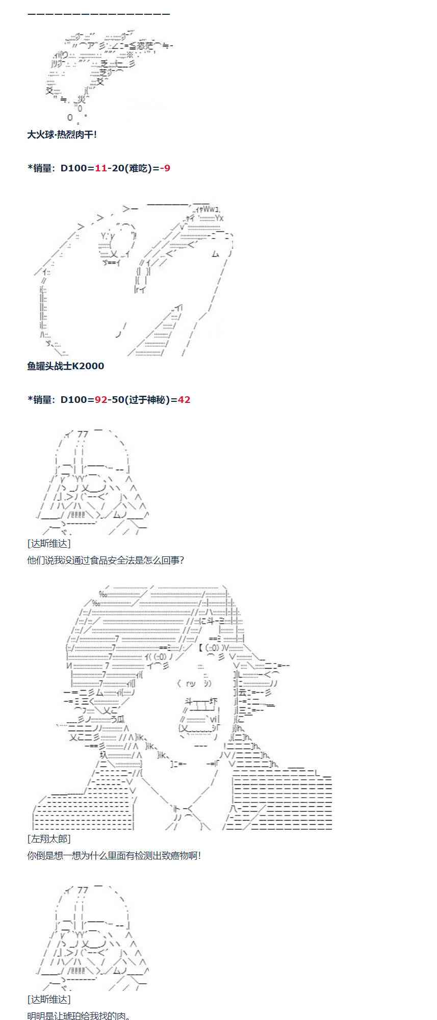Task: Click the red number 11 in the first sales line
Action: pyautogui.click(x=101, y=168)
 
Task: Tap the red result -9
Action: pyautogui.click(x=165, y=168)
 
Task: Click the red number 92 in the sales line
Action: pyautogui.click(x=101, y=400)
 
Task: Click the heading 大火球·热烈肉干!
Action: pyautogui.click(x=62, y=135)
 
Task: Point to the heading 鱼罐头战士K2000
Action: pyautogui.click(x=65, y=366)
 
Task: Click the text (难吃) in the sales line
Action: pyautogui.click(x=137, y=168)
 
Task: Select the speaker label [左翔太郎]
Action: pyautogui.click(x=49, y=839)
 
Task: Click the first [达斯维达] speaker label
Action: pyautogui.click(x=49, y=544)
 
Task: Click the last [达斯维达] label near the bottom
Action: pyautogui.click(x=49, y=999)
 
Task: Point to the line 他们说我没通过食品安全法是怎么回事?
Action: pyautogui.click(x=105, y=560)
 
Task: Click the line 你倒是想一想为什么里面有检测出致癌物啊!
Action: pyautogui.click(x=114, y=856)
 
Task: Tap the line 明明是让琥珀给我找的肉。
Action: pyautogui.click(x=79, y=1015)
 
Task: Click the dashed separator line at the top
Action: pyautogui.click(x=98, y=14)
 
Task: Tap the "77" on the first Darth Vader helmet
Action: pyautogui.click(x=83, y=435)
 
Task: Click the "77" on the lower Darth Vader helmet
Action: pyautogui.click(x=83, y=890)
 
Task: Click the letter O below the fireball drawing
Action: pyautogui.click(x=70, y=117)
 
